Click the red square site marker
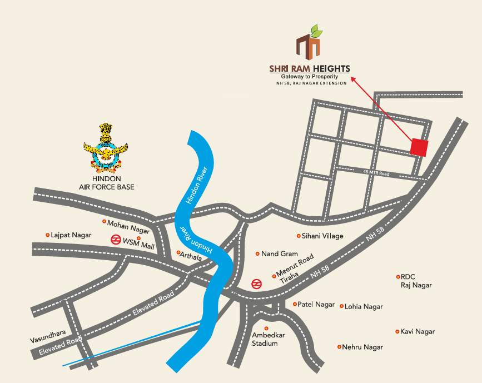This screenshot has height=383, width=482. pos(419,147)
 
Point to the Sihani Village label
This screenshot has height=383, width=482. pos(322,236)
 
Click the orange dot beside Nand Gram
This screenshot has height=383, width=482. pos(257,254)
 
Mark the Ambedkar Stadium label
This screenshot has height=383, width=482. pos(265,339)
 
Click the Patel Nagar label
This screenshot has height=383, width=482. pos(316,304)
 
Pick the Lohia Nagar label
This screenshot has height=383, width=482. pos(364,306)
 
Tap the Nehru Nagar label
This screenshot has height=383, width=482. pos(362,347)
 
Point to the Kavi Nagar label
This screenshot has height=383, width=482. pos(418,331)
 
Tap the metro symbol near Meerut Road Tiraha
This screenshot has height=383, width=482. pos(256,283)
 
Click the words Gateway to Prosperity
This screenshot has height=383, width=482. pos(310,76)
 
